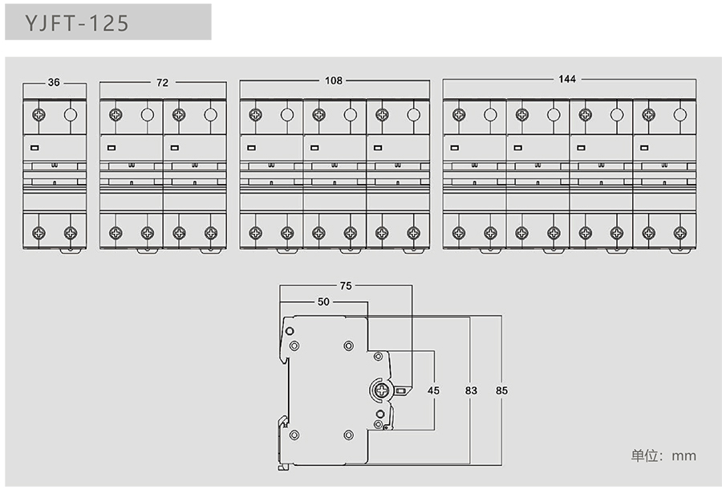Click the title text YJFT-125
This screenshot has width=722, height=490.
click(x=77, y=23)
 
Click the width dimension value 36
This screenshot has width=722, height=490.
click(x=54, y=82)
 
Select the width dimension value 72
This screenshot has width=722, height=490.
click(x=163, y=82)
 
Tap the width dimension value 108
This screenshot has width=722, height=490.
click(x=333, y=80)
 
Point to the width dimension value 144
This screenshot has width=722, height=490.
click(x=567, y=79)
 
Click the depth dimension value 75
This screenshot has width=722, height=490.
click(x=345, y=285)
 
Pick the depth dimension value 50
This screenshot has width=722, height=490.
click(x=323, y=302)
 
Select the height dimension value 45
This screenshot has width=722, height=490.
click(x=433, y=390)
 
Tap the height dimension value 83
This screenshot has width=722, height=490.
click(x=471, y=390)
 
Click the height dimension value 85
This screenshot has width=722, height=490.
click(x=501, y=390)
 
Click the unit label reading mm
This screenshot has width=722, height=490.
click(x=684, y=455)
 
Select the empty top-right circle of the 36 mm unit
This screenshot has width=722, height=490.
click(x=71, y=114)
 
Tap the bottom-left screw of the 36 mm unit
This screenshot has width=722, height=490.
click(x=39, y=233)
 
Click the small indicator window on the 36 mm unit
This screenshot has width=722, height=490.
click(x=34, y=147)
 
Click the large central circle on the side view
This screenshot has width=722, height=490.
click(x=379, y=390)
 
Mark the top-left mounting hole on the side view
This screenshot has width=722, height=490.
click(x=294, y=345)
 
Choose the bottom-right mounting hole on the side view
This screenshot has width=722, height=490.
click(x=347, y=435)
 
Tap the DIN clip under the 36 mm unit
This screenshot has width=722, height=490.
click(x=71, y=251)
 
